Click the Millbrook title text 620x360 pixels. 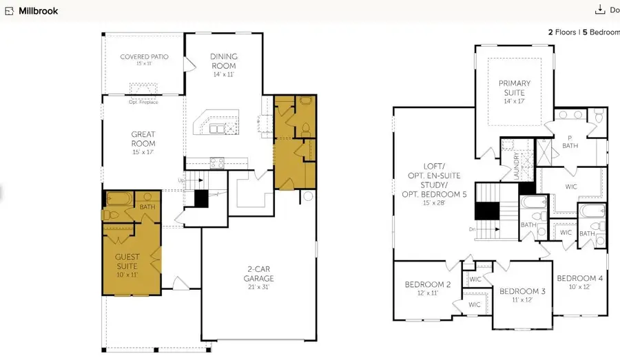pyautogui.click(x=38, y=11)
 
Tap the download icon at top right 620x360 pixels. pyautogui.click(x=599, y=10)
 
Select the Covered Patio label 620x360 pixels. pyautogui.click(x=144, y=57)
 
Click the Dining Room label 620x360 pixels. pyautogui.click(x=223, y=61)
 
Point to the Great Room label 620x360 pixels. pyautogui.click(x=143, y=139)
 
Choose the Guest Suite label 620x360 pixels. pyautogui.click(x=127, y=262)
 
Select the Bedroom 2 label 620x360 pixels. pyautogui.click(x=428, y=284)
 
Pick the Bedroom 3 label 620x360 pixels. pyautogui.click(x=522, y=291)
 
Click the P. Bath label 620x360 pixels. pyautogui.click(x=570, y=141)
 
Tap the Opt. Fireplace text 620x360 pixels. pyautogui.click(x=143, y=102)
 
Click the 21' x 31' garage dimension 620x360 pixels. pyautogui.click(x=258, y=287)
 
